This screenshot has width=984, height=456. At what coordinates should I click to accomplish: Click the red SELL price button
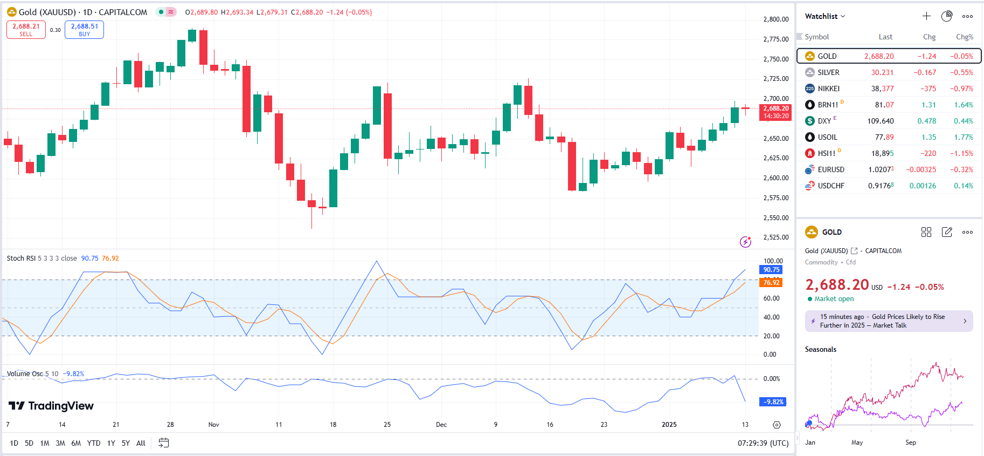pyautogui.click(x=26, y=30)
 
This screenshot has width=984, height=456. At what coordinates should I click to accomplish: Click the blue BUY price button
pyautogui.click(x=84, y=30)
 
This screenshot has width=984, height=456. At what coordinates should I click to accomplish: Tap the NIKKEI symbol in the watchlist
pyautogui.click(x=828, y=89)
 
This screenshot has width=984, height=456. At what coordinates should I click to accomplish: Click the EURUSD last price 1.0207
pyautogui.click(x=881, y=169)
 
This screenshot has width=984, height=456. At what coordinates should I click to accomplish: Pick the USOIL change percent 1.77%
pyautogui.click(x=963, y=137)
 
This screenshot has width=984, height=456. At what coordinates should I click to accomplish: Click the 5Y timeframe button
pyautogui.click(x=126, y=443)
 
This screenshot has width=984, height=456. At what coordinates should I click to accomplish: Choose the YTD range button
pyautogui.click(x=94, y=443)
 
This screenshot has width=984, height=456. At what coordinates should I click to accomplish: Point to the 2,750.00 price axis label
pyautogui.click(x=775, y=59)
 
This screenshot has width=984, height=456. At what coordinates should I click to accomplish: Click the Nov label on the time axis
pyautogui.click(x=214, y=425)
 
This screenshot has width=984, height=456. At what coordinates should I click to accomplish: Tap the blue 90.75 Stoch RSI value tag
pyautogui.click(x=771, y=270)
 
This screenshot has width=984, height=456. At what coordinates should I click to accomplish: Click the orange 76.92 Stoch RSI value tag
pyautogui.click(x=771, y=282)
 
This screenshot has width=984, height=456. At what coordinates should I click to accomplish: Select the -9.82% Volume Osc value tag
pyautogui.click(x=772, y=402)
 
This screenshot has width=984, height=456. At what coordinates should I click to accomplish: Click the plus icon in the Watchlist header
pyautogui.click(x=926, y=16)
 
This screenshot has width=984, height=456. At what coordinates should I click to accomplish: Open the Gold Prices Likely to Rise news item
pyautogui.click(x=889, y=321)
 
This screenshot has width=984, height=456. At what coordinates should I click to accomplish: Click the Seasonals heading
pyautogui.click(x=820, y=350)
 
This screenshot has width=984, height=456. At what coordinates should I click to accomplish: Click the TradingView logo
pyautogui.click(x=51, y=406)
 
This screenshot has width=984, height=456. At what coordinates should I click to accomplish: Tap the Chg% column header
pyautogui.click(x=964, y=37)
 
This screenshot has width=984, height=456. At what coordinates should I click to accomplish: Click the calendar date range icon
pyautogui.click(x=164, y=443)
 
